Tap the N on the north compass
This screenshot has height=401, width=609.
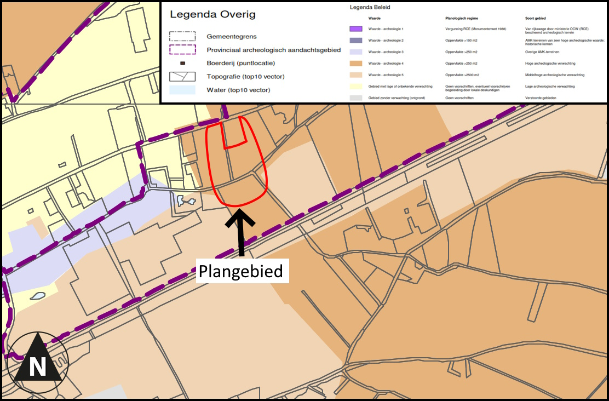click(37, 366)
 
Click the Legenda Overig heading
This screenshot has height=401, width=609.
click(212, 15)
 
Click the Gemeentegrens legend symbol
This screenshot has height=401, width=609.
click(182, 37)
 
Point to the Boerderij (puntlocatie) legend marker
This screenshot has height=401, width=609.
click(183, 63)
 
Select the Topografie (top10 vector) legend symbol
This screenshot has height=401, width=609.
click(182, 76)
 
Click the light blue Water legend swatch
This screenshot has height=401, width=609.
click(182, 89)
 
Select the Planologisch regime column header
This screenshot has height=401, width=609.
click(462, 18)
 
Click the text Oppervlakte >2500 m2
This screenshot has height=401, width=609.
click(463, 75)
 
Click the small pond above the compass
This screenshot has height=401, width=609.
click(37, 296)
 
